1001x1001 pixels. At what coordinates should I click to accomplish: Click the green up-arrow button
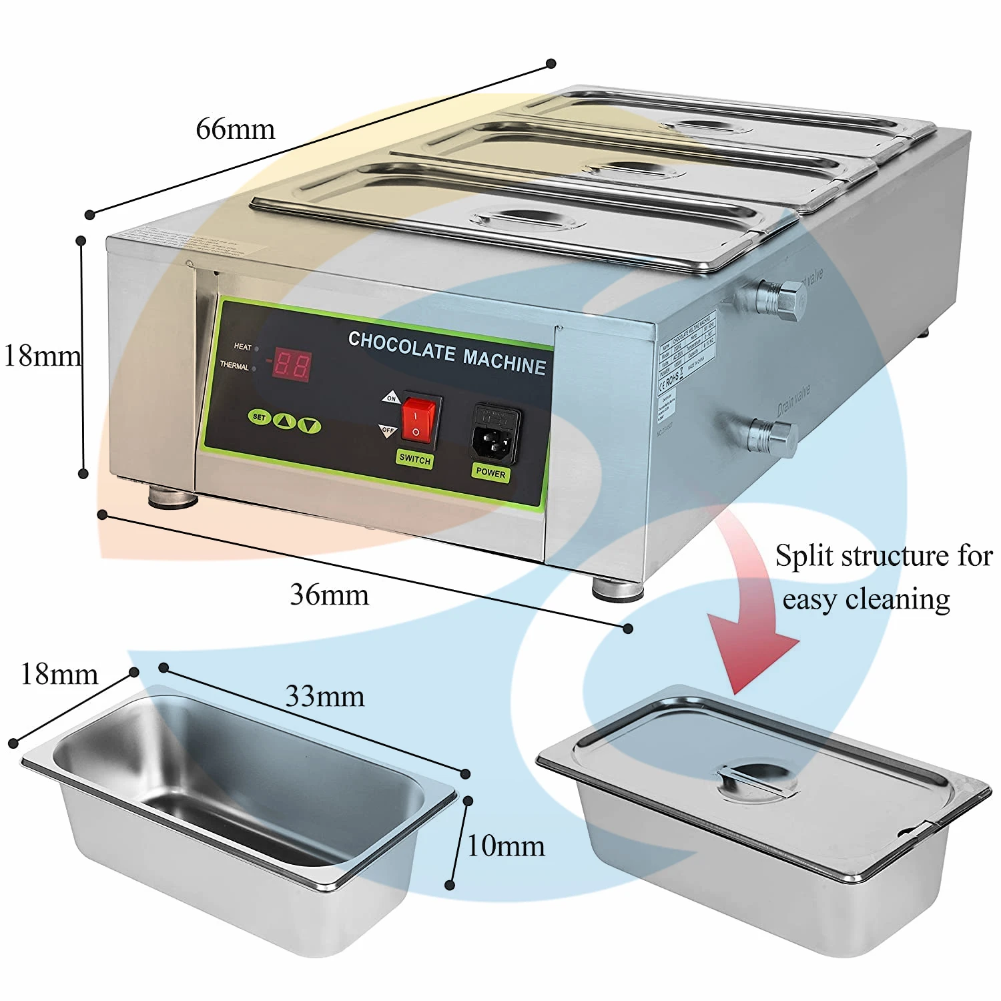(285, 421)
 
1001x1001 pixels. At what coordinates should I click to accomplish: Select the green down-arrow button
(309, 424)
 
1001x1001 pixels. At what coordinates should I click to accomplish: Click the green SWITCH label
(414, 459)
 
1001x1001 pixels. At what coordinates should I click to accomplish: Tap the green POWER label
(490, 472)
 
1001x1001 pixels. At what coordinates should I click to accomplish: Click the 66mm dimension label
(235, 129)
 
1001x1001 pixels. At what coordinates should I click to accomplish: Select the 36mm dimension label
(329, 595)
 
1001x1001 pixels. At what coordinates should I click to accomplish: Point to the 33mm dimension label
(325, 697)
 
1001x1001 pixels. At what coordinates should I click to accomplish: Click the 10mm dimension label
(505, 846)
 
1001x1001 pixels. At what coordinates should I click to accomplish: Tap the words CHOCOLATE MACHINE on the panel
(447, 352)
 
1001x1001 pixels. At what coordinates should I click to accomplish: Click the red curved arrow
(751, 614)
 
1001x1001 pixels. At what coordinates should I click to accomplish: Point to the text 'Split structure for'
(884, 556)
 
